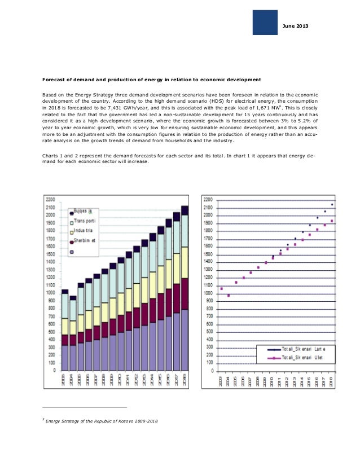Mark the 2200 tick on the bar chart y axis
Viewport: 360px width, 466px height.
click(51, 200)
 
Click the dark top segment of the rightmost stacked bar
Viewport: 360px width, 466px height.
click(184, 210)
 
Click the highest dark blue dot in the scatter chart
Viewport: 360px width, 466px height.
click(332, 204)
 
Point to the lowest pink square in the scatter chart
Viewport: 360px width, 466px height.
click(229, 295)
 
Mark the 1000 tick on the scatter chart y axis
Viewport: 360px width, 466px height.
click(208, 293)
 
